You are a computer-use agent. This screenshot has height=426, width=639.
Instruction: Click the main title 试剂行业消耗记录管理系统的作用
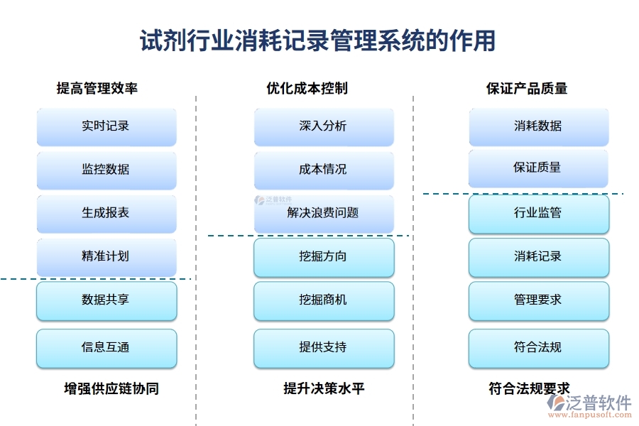click(x=317, y=40)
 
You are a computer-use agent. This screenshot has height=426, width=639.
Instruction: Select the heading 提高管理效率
click(x=97, y=89)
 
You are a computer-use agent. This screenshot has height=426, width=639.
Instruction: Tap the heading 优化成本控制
click(x=307, y=89)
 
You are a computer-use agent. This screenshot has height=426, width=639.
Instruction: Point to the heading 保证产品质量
click(x=527, y=89)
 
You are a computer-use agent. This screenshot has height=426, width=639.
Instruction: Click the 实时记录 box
click(x=106, y=126)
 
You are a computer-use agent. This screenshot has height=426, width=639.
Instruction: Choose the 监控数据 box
click(x=106, y=170)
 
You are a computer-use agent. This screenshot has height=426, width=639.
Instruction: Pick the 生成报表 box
click(x=106, y=213)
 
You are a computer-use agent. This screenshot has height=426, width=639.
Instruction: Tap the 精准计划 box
click(x=106, y=256)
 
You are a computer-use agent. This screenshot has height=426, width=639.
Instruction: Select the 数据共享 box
click(x=106, y=300)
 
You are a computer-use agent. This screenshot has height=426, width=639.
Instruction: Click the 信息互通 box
click(x=106, y=348)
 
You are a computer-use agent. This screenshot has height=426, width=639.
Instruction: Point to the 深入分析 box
click(x=324, y=126)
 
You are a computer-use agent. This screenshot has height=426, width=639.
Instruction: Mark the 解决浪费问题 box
click(x=324, y=213)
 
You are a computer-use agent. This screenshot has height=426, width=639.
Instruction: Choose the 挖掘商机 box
click(x=324, y=300)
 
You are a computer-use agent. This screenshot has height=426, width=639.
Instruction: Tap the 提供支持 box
click(x=324, y=348)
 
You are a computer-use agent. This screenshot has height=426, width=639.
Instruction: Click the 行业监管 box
click(x=538, y=213)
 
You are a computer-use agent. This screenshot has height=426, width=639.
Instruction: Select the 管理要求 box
click(x=538, y=300)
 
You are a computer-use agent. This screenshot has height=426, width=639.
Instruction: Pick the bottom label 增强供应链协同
click(x=111, y=389)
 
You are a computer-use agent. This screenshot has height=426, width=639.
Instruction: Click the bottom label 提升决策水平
click(x=324, y=389)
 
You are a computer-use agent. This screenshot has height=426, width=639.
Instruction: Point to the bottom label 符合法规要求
click(x=530, y=389)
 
